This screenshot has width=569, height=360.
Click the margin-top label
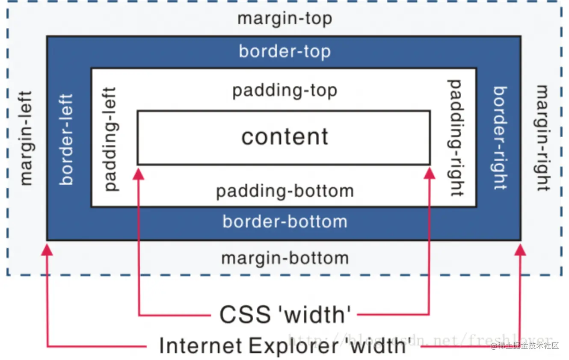(x=284, y=19)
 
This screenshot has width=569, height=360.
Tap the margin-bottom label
(x=285, y=258)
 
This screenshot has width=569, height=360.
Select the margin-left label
(x=26, y=138)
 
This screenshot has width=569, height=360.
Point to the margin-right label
(x=542, y=138)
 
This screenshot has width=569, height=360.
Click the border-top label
(x=284, y=52)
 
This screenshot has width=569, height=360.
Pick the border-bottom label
(x=285, y=221)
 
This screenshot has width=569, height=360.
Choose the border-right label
(x=500, y=138)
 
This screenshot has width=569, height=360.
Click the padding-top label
(x=284, y=91)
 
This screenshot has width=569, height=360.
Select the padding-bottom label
(x=285, y=191)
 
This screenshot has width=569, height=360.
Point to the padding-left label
(x=110, y=139)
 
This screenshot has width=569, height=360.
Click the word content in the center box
(x=285, y=137)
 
